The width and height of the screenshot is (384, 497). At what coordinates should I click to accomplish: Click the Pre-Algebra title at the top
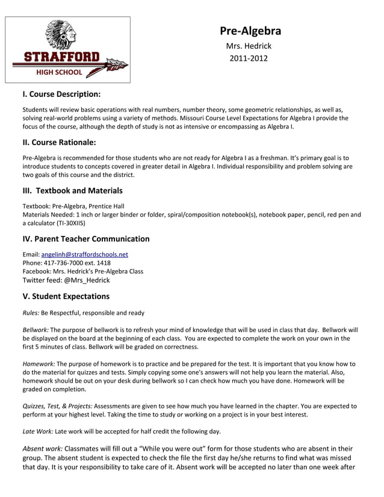click(x=250, y=31)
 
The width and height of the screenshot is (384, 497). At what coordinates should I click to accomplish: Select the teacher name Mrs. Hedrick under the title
click(x=249, y=46)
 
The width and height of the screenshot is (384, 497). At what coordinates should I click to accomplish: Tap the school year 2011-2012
click(x=249, y=58)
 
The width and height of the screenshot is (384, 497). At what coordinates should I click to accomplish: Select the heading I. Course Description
click(x=61, y=94)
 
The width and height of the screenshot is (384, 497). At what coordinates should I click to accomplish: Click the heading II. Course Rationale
click(x=59, y=143)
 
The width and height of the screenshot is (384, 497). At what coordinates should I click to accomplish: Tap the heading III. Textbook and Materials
click(x=72, y=191)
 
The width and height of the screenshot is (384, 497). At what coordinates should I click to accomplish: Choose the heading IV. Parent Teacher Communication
click(x=86, y=239)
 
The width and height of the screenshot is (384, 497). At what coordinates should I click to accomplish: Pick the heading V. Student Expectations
click(x=66, y=297)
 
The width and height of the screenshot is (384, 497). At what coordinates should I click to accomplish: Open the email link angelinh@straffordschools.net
click(x=84, y=255)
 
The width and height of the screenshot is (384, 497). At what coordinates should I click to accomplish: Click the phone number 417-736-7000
click(x=67, y=263)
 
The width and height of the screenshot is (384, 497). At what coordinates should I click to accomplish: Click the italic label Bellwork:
click(x=36, y=330)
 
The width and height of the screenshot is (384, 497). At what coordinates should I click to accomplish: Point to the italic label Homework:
click(x=39, y=363)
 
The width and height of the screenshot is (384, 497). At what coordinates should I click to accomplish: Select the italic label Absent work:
click(x=42, y=448)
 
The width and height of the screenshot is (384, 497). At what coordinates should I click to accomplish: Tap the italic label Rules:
click(x=31, y=313)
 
